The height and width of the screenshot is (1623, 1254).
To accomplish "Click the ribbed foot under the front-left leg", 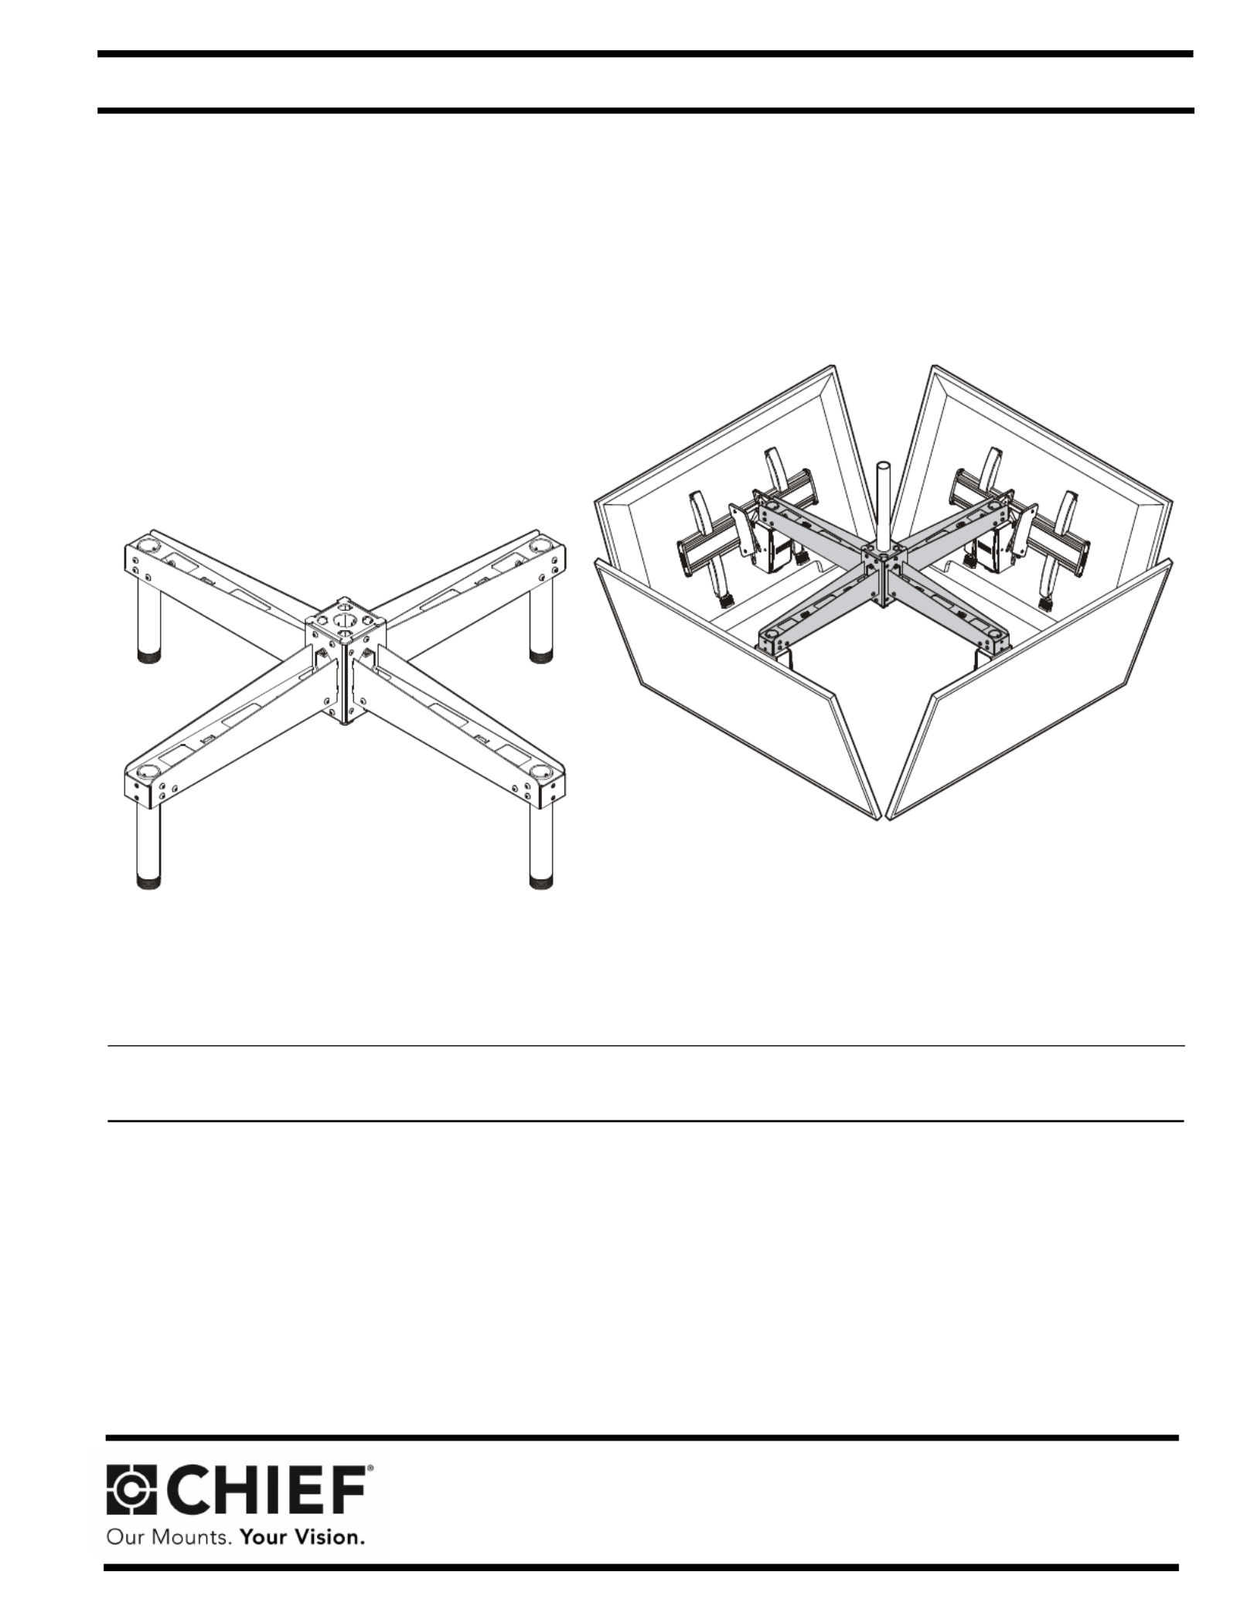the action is (x=148, y=882).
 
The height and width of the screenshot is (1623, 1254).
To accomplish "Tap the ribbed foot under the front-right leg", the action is (x=541, y=882).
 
